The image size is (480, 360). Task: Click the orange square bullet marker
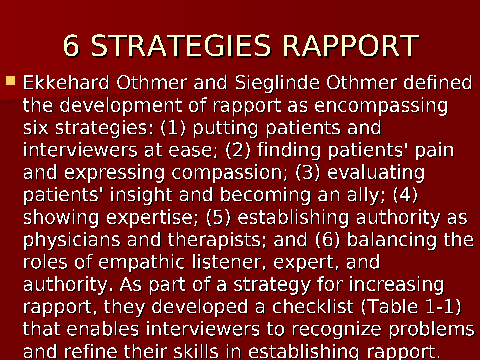[10, 81]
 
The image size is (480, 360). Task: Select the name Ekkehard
[66, 82]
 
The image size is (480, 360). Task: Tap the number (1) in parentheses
[173, 128]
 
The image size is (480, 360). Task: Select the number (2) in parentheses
[238, 150]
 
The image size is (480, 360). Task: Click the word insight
[141, 195]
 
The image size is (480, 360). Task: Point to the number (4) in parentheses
[405, 195]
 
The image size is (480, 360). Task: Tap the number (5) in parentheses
[218, 217]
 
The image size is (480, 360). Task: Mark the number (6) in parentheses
[328, 240]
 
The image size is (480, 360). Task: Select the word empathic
[142, 262]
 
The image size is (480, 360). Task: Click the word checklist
[313, 307]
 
